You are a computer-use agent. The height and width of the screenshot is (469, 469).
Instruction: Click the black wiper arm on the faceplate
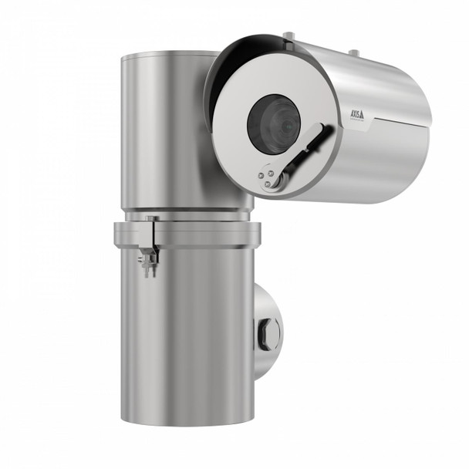point(309,150)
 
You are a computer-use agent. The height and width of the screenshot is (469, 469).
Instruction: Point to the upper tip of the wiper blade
point(331,127)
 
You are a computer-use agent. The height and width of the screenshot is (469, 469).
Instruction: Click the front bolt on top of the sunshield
point(288,35)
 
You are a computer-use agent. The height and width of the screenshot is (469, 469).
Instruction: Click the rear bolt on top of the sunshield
point(353,52)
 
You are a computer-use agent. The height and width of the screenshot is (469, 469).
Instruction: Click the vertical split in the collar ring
point(154,234)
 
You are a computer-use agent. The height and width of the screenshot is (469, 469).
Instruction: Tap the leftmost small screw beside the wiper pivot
point(261,175)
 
